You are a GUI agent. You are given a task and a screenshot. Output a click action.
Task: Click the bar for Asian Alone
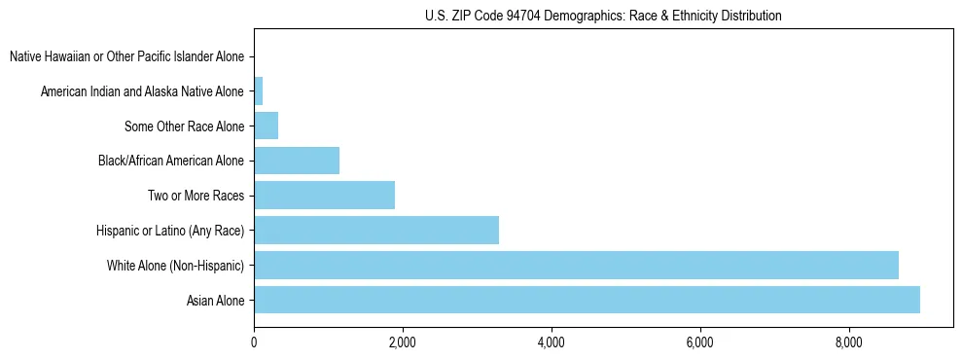587,300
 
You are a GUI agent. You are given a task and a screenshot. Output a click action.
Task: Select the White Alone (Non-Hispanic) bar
576,265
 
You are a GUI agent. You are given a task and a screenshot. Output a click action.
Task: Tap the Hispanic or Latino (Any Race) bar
376,231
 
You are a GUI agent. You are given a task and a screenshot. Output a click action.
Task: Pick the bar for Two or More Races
324,196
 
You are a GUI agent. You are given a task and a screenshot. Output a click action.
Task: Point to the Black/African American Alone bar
297,161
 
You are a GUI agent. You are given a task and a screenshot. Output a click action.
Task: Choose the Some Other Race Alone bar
266,126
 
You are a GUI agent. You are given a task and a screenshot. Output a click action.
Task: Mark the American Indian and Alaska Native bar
258,92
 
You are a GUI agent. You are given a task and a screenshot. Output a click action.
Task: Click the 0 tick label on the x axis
254,342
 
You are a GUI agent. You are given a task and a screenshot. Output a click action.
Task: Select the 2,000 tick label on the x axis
402,342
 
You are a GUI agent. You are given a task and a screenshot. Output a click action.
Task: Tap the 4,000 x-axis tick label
551,342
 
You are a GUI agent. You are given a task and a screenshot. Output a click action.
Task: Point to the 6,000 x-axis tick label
700,342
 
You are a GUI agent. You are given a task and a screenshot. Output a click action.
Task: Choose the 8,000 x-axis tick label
849,342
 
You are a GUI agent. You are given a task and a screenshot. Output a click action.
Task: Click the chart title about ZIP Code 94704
603,16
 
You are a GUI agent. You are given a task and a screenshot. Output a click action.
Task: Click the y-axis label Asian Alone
216,301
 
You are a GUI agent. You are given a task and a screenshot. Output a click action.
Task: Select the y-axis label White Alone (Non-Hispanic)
176,266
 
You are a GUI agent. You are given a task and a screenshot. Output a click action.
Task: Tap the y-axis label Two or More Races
196,197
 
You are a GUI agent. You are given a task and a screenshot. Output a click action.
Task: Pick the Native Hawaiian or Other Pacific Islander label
127,57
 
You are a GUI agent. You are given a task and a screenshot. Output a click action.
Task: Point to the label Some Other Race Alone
185,126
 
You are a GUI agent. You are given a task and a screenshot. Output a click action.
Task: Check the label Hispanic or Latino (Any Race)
170,231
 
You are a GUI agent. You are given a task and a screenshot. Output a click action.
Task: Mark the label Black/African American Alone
171,162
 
